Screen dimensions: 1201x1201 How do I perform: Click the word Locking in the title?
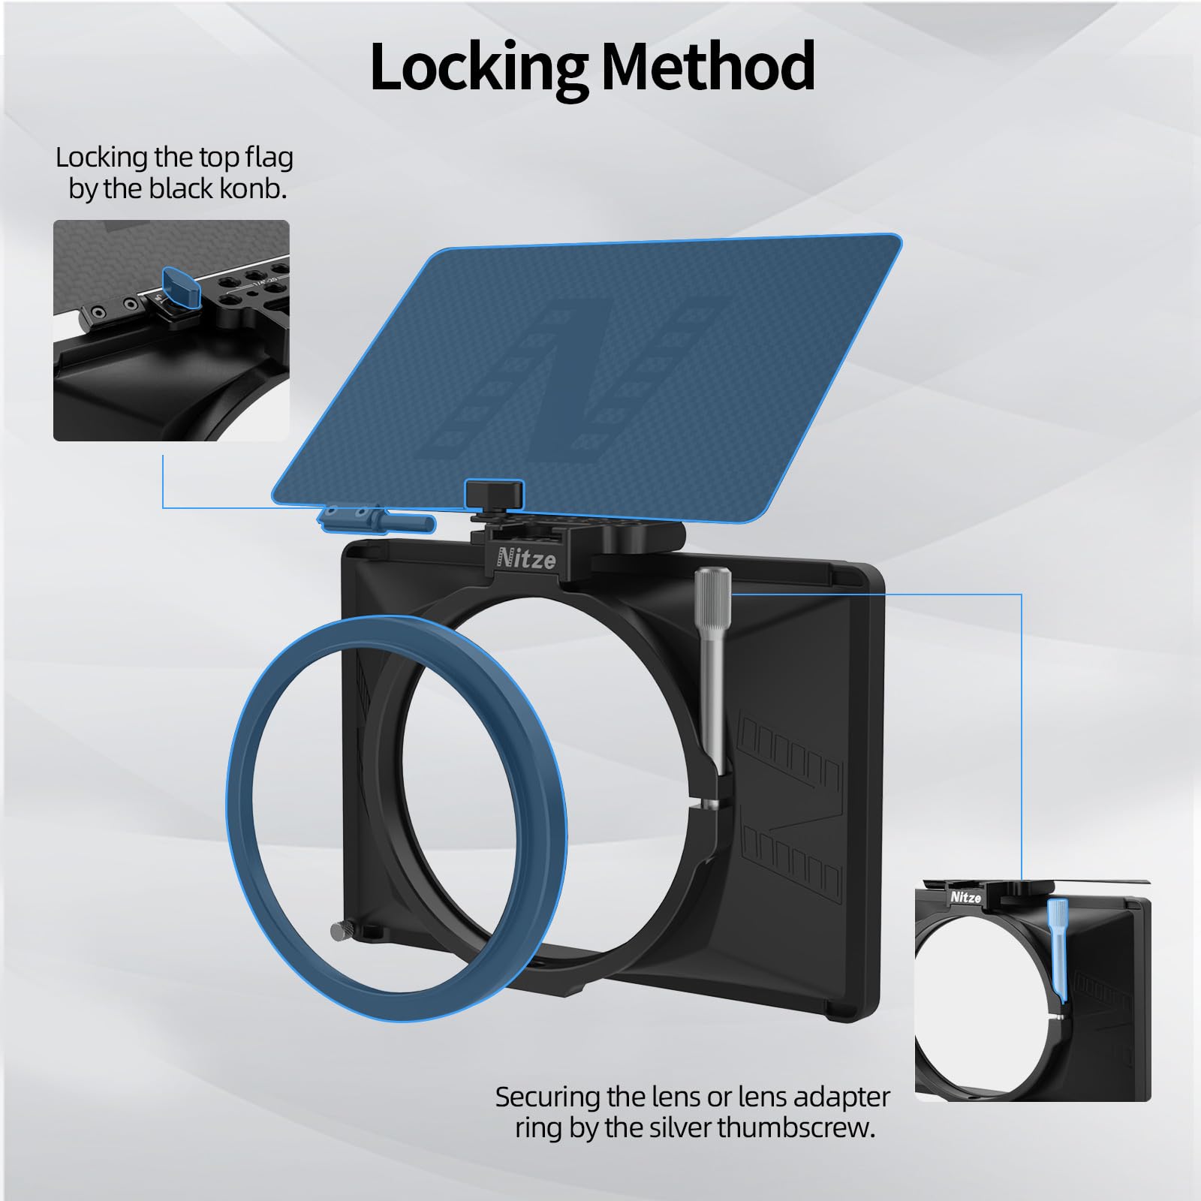click(477, 68)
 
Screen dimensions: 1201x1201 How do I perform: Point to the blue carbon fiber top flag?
click(585, 375)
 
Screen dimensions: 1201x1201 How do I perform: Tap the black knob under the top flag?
click(494, 494)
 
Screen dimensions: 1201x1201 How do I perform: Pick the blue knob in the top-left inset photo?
click(182, 290)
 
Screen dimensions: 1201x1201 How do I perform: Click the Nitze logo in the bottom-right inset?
click(966, 897)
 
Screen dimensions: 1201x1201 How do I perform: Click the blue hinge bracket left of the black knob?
click(375, 517)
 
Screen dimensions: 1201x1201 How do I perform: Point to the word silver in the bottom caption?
click(670, 1127)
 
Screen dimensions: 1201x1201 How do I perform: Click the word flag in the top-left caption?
click(269, 158)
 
